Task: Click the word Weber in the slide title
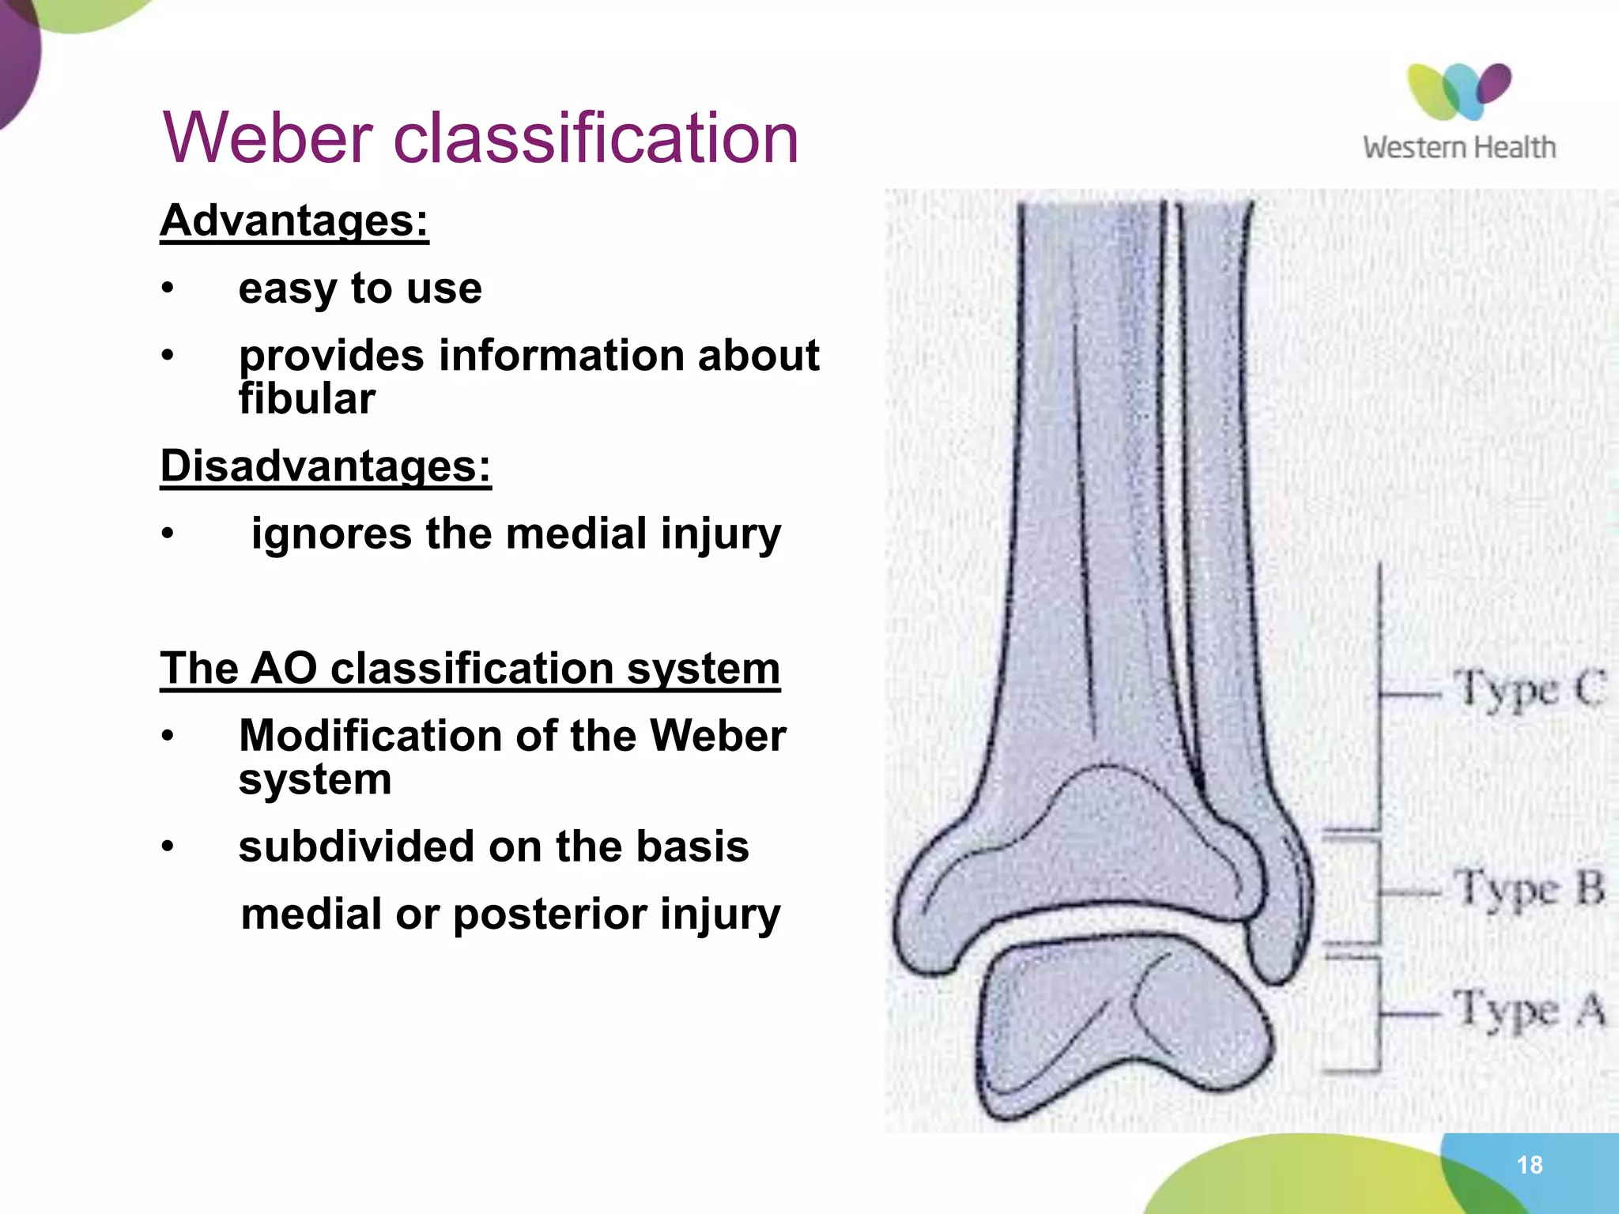point(267,138)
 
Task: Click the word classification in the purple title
point(595,138)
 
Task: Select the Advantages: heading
point(294,221)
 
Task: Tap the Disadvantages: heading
point(326,466)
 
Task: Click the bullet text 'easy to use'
point(360,288)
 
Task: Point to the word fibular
point(307,399)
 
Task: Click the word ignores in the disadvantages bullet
point(330,533)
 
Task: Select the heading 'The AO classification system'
point(470,669)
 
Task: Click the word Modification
point(370,736)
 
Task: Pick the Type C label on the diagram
point(1529,689)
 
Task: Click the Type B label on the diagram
point(1529,888)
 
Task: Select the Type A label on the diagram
point(1529,1009)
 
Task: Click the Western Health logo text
point(1459,148)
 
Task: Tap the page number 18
point(1529,1164)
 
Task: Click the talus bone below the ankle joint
point(1123,1027)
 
